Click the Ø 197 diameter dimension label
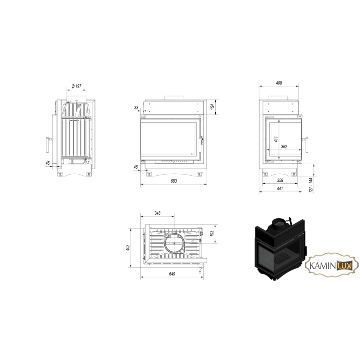[x=77, y=86]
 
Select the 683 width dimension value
[x=174, y=181]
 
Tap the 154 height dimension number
[x=212, y=107]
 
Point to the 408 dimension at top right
[x=279, y=83]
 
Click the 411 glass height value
[x=276, y=139]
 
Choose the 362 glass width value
[x=284, y=147]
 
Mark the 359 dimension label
[x=280, y=180]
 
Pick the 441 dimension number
[x=280, y=189]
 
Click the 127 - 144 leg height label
[x=311, y=185]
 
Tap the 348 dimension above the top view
[x=157, y=213]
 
